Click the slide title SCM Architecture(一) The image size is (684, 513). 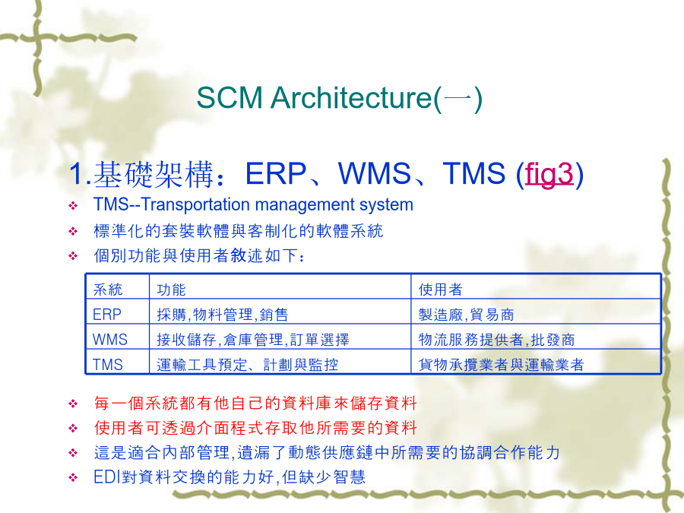tap(340, 98)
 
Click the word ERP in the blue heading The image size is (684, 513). tap(276, 173)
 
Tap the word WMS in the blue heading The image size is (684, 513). tap(375, 173)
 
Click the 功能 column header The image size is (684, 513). tap(172, 290)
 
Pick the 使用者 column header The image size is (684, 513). tap(440, 290)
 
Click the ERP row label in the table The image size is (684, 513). tap(107, 315)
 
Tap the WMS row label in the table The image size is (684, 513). tap(110, 340)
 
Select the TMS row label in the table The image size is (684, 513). tap(107, 365)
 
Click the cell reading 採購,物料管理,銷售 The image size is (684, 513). tap(223, 315)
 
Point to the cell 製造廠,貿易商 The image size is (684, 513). tap(466, 315)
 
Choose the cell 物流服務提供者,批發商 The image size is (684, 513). tap(496, 340)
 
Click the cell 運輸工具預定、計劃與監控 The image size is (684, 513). tap(247, 365)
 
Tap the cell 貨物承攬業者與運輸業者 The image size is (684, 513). tap(501, 365)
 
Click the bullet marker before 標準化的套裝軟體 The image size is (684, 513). tap(73, 231)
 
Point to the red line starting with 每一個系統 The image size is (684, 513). tap(255, 403)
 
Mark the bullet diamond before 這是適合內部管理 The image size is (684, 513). tap(73, 453)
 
